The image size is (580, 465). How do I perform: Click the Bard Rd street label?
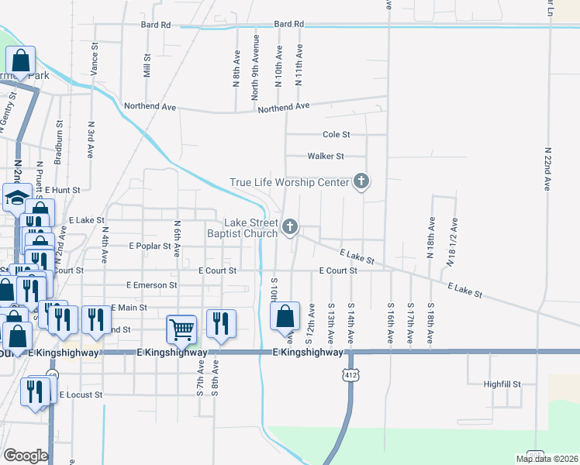pyautogui.click(x=156, y=25)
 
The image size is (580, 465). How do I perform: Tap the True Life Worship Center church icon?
pyautogui.click(x=361, y=182)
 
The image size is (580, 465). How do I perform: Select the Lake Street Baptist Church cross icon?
pyautogui.click(x=290, y=226)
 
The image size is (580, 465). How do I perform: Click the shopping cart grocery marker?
pyautogui.click(x=181, y=328)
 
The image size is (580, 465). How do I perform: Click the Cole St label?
pyautogui.click(x=336, y=134)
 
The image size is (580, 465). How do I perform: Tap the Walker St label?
pyautogui.click(x=326, y=156)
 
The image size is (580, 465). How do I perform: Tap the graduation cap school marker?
pyautogui.click(x=16, y=198)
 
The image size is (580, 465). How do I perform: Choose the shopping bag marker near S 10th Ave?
pyautogui.click(x=285, y=315)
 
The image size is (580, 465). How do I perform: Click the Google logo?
pyautogui.click(x=25, y=456)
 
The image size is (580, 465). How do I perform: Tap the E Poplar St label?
pyautogui.click(x=149, y=246)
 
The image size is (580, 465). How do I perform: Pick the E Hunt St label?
pyautogui.click(x=62, y=189)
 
